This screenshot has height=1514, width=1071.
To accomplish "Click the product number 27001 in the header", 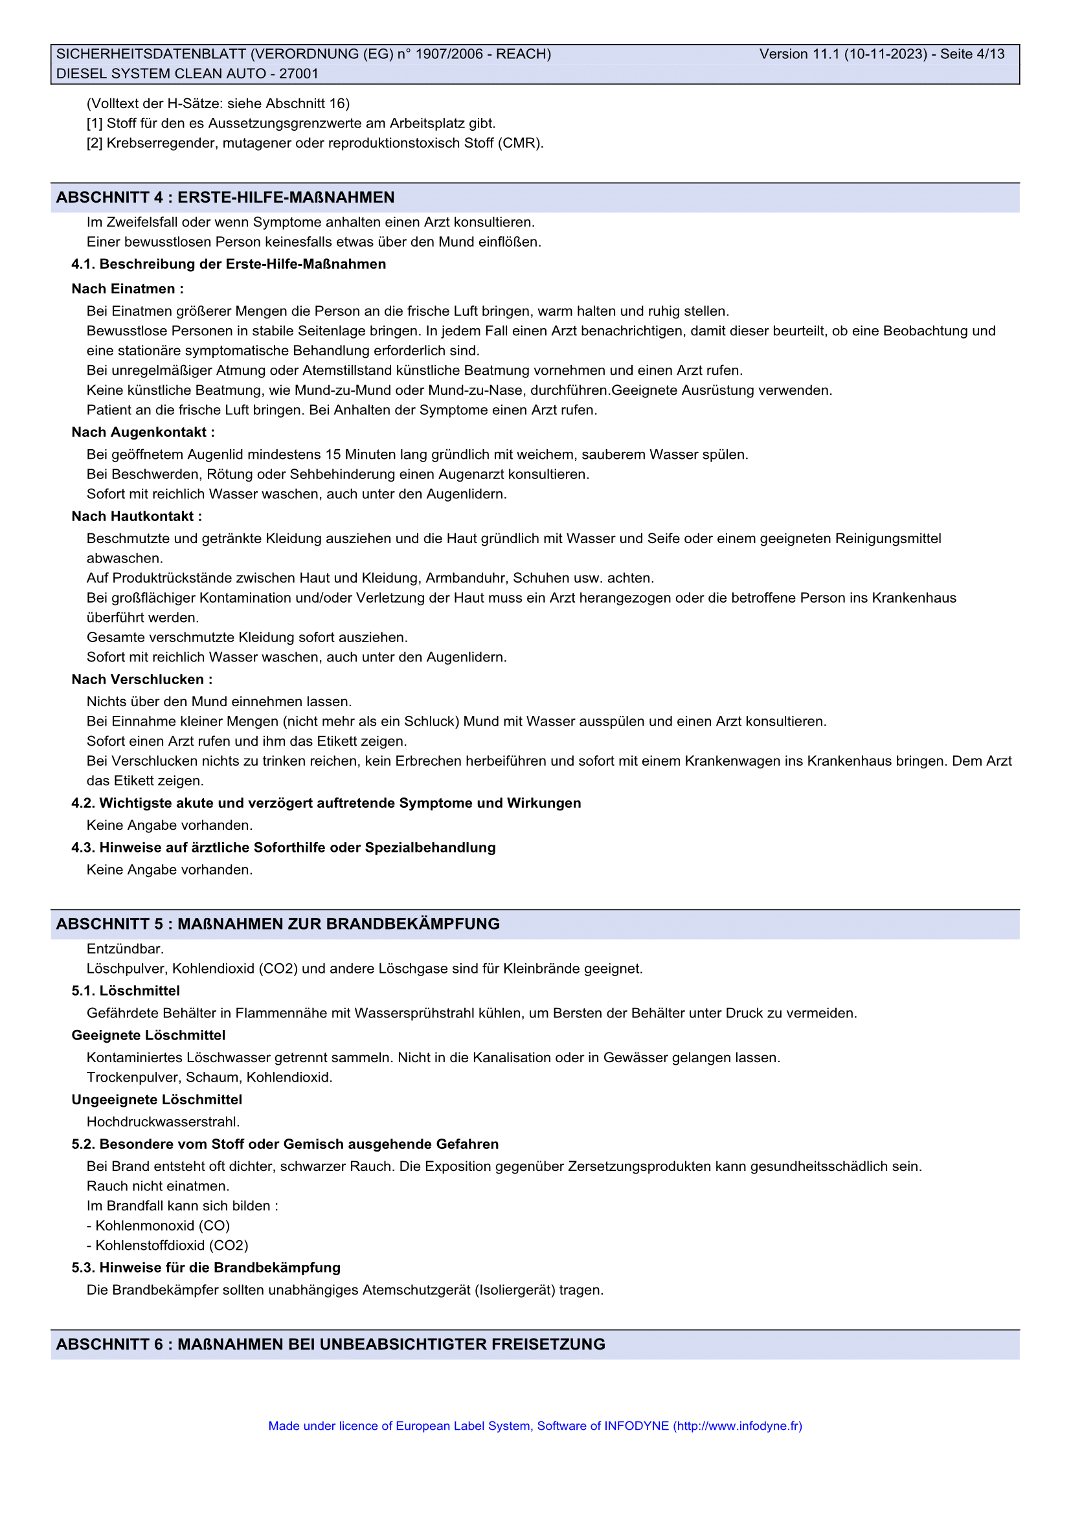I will point(299,74).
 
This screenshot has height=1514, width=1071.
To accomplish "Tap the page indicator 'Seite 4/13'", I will point(972,54).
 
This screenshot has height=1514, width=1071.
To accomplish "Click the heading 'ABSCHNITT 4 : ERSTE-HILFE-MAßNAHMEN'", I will point(225,197).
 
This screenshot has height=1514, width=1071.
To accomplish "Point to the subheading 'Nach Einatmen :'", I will point(128,289).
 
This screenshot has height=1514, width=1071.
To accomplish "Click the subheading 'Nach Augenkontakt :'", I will point(143,432).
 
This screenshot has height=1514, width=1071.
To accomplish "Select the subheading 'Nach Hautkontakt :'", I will point(137,517).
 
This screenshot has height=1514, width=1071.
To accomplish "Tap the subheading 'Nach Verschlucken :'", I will point(142,679).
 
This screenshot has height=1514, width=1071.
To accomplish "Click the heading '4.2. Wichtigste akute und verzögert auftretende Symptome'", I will point(326,803).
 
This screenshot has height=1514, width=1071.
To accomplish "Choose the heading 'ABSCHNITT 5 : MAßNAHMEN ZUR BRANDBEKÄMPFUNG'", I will point(278,924).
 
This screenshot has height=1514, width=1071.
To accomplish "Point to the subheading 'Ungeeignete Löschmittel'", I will point(157,1100).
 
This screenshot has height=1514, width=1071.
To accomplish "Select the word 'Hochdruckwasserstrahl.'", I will point(163,1122).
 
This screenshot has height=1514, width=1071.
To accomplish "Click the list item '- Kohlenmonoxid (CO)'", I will point(158,1226).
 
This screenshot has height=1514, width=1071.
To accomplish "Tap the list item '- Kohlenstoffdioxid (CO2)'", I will point(168,1245).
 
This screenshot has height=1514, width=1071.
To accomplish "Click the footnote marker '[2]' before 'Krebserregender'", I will point(95,143).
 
